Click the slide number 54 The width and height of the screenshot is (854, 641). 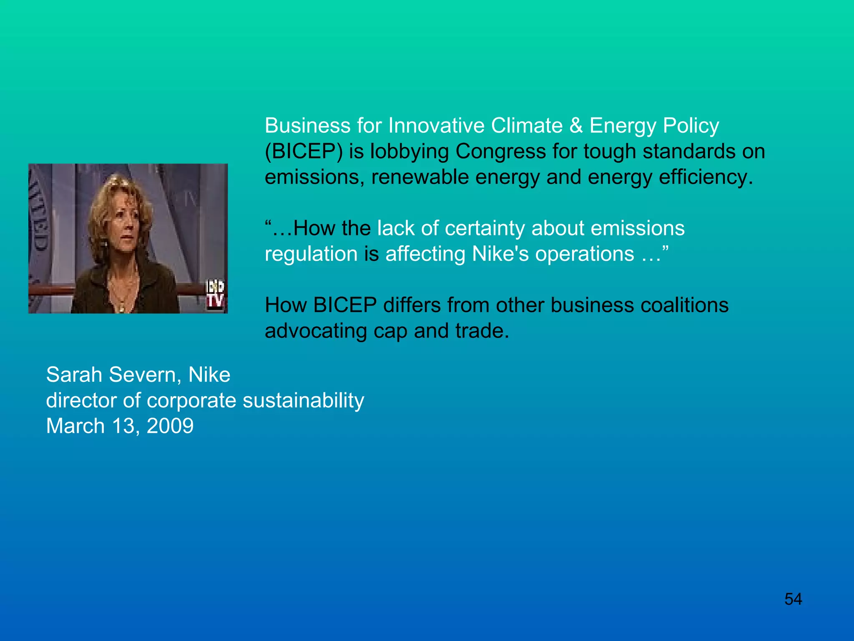point(793,599)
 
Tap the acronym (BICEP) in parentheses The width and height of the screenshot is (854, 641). point(304,151)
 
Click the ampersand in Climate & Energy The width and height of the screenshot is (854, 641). point(576,126)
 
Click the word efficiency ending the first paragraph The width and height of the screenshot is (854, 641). point(705,177)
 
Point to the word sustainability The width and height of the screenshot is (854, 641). point(303,401)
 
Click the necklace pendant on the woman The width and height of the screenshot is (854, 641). point(122,308)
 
